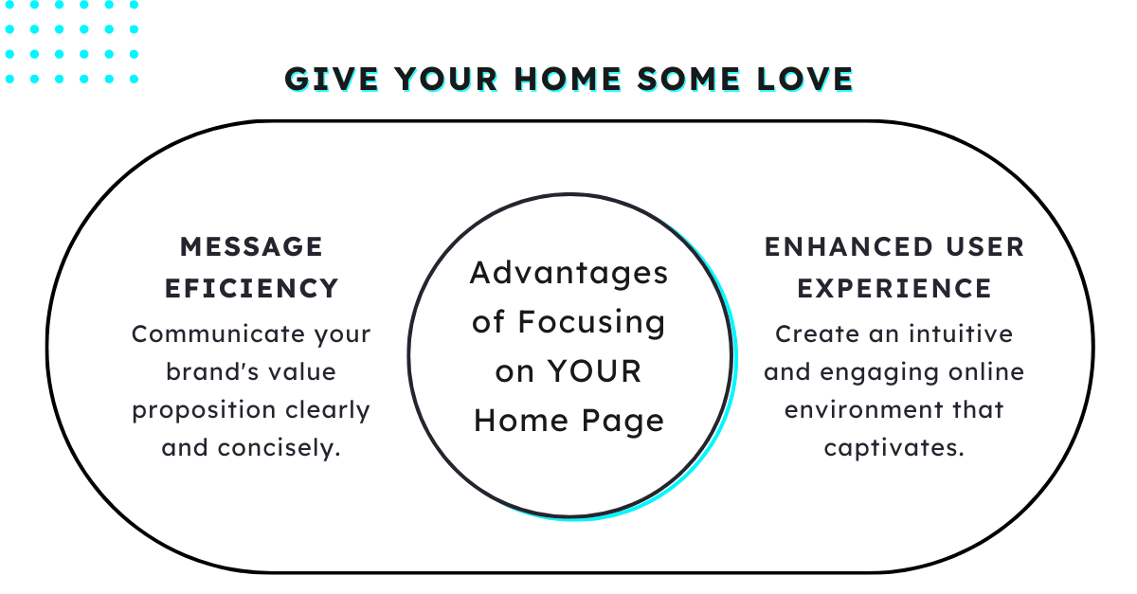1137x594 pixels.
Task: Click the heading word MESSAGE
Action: [x=251, y=247]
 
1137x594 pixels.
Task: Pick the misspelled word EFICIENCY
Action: [x=251, y=288]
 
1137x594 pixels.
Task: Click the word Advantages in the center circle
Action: [x=569, y=274]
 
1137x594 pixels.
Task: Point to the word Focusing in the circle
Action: [x=591, y=322]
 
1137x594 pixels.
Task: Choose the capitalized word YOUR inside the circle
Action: [x=595, y=371]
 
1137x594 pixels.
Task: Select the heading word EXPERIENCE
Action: [x=894, y=288]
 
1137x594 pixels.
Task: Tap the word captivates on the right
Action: [x=893, y=448]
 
